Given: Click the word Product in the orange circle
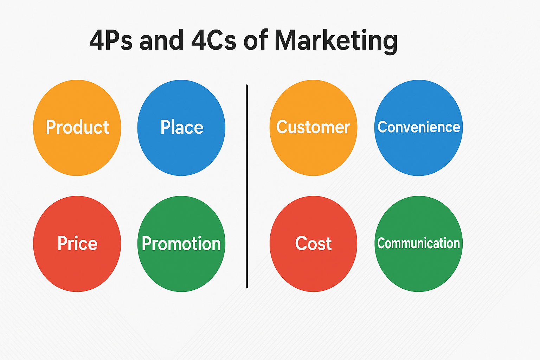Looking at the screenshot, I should click(77, 127).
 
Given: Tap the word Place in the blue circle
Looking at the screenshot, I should click(182, 127).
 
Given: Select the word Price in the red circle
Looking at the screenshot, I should click(77, 243).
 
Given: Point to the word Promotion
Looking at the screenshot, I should click(181, 244).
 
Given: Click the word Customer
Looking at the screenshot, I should click(313, 127).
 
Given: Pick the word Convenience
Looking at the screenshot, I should click(418, 127).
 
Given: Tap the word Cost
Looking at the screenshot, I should click(313, 243).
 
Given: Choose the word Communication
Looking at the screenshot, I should click(418, 243).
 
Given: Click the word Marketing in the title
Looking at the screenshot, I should click(336, 40).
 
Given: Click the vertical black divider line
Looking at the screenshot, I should click(247, 186).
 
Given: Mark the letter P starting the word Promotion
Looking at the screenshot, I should click(146, 244).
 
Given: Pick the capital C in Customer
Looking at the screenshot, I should click(282, 127).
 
